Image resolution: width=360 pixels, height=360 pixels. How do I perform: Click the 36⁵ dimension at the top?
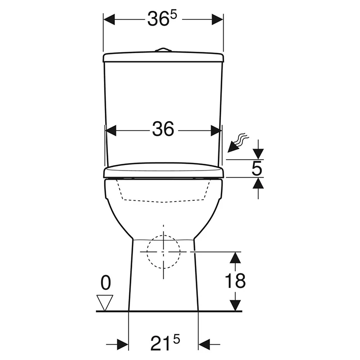pos(162,18)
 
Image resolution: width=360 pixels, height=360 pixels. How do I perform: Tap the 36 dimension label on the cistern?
pos(163,129)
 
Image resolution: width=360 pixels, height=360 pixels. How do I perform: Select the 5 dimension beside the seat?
pos(256,168)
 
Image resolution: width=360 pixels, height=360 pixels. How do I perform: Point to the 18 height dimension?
pos(235,280)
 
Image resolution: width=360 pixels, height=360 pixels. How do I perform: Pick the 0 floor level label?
pos(106,283)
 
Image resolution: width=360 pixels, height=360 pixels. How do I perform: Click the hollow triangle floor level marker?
pos(105,303)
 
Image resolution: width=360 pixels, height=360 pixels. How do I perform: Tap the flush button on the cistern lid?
pos(163,49)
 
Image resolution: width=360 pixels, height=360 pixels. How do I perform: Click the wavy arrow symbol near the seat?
pos(238,143)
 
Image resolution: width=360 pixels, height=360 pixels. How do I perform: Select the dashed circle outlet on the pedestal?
pos(163,252)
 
